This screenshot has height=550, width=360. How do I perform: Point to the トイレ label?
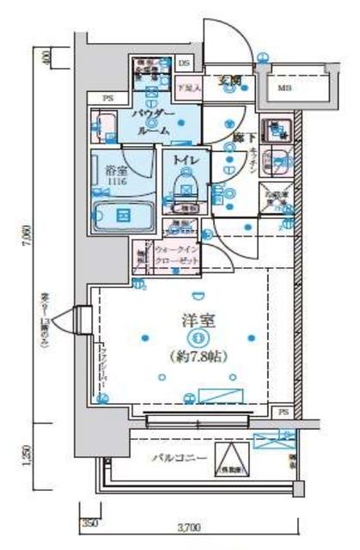(186, 160)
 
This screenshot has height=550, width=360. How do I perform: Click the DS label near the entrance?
(184, 63)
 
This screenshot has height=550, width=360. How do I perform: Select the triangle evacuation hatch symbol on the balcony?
(228, 461)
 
